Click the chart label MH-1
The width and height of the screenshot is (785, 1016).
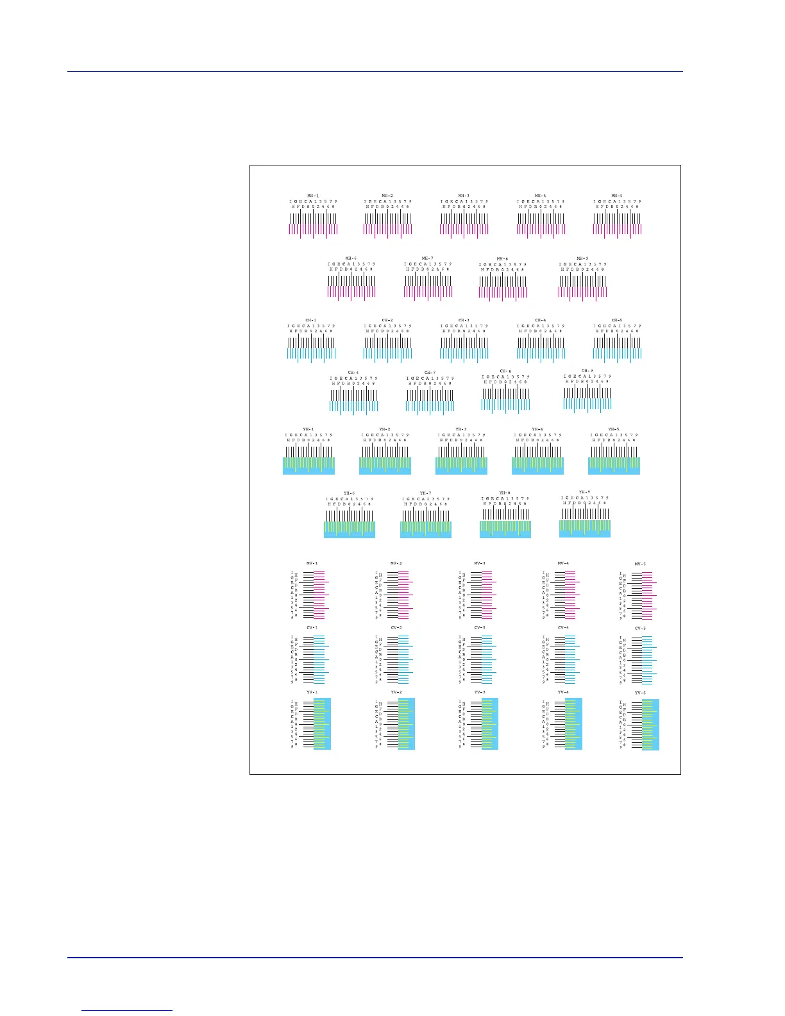point(313,196)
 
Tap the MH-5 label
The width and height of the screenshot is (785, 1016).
point(616,196)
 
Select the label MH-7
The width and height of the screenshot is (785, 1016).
point(428,258)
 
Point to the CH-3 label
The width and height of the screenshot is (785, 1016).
point(464,320)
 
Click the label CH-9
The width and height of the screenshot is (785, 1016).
point(587,371)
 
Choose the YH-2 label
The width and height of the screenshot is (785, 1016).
point(384,429)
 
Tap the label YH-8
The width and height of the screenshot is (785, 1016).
point(505,493)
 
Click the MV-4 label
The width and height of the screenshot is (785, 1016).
point(563,563)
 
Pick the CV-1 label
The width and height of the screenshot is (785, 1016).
point(312,628)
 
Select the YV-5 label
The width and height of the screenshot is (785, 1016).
point(640,693)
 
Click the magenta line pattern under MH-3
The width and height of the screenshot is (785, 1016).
point(464,230)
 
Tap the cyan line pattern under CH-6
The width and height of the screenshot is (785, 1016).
point(353,405)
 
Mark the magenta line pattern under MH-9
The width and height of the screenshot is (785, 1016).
point(582,292)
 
